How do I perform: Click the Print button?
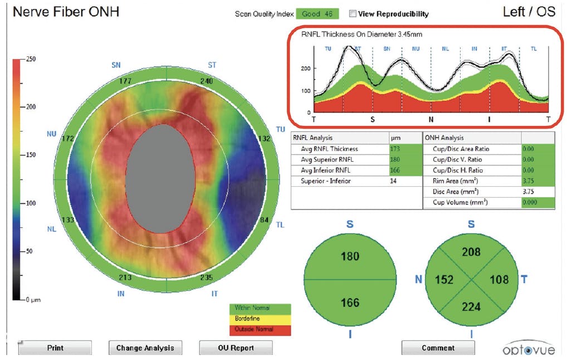tap(55, 348)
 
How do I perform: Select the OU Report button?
tap(236, 348)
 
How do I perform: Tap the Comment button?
tap(438, 348)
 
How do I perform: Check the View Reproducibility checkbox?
tap(353, 13)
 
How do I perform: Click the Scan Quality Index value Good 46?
tap(317, 13)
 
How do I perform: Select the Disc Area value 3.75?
tap(530, 191)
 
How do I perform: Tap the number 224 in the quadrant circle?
tap(471, 305)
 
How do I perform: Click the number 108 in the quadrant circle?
tap(500, 279)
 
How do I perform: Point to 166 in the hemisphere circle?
tap(350, 303)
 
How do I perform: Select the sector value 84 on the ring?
tap(265, 221)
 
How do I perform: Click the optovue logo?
tap(528, 348)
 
